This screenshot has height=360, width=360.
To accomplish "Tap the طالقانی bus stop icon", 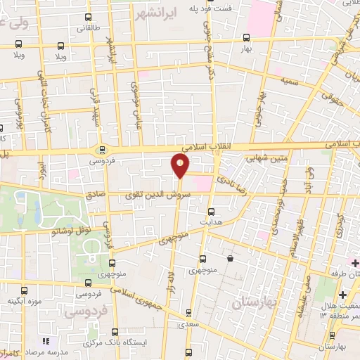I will [x=87, y=17].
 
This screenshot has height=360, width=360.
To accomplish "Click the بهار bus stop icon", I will [x=246, y=38].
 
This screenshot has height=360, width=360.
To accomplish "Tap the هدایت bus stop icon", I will [x=211, y=211].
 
